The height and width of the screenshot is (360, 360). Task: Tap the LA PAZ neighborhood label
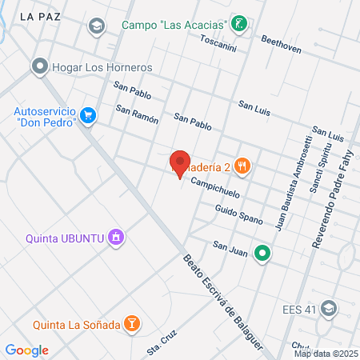pos(38,15)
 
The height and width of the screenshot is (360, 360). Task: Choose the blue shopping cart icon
pos(89,116)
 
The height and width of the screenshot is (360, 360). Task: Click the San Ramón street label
pos(137,114)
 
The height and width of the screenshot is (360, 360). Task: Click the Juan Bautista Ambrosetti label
pos(292,190)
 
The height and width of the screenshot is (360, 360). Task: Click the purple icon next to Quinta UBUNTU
pos(117,237)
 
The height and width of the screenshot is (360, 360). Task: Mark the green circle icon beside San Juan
pos(262,254)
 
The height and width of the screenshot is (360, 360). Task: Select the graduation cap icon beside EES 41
pos(328,308)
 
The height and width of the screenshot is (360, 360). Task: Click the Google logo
pos(26,350)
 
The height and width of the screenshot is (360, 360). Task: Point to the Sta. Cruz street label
pos(161,344)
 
